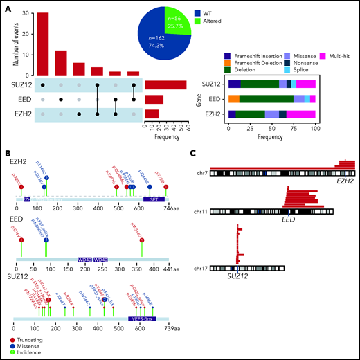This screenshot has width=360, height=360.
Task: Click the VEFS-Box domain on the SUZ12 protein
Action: tap(142, 319)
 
